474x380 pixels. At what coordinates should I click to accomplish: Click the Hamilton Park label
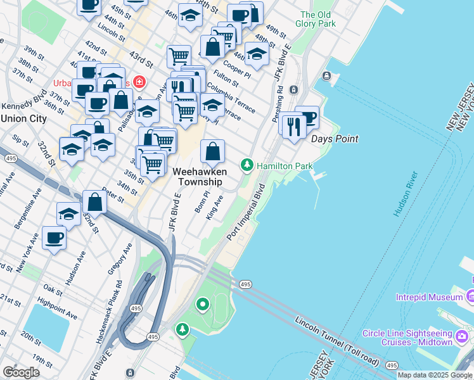[x=285, y=166]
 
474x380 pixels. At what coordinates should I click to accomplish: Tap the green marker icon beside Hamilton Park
[x=248, y=166]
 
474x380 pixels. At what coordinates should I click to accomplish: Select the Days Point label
[x=335, y=139]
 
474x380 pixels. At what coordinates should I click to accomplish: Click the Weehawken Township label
[x=197, y=177]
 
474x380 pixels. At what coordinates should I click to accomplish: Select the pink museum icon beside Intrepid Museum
[x=470, y=296]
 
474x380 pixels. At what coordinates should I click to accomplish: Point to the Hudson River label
[x=406, y=194]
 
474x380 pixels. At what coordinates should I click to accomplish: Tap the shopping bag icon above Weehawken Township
[x=213, y=151]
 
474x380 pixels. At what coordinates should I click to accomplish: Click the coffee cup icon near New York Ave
[x=54, y=238]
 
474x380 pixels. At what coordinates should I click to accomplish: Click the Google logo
[x=21, y=372]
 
